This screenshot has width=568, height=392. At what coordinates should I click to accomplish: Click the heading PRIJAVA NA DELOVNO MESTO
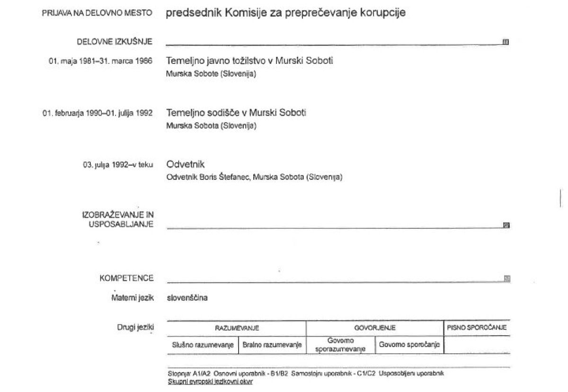click(97, 13)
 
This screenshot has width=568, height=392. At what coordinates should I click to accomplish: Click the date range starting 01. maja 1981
click(100, 61)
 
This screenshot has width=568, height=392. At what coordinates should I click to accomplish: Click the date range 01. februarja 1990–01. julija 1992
click(98, 113)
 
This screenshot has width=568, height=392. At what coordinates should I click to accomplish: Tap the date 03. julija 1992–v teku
click(117, 165)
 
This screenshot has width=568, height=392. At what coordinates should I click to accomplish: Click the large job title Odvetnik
click(186, 164)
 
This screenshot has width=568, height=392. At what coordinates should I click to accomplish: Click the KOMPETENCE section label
click(126, 278)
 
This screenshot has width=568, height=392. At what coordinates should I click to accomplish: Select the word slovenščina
click(187, 298)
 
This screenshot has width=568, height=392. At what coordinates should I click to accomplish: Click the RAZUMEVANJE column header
click(237, 328)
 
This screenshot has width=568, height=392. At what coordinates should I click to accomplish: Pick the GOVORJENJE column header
click(375, 328)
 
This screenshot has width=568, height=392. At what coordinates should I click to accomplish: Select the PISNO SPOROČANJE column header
click(477, 327)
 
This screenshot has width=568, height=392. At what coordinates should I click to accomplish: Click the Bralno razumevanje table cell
click(272, 345)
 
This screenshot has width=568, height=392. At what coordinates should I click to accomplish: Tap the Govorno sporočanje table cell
click(409, 345)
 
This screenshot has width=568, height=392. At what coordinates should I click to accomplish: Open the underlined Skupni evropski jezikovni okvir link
click(210, 381)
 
